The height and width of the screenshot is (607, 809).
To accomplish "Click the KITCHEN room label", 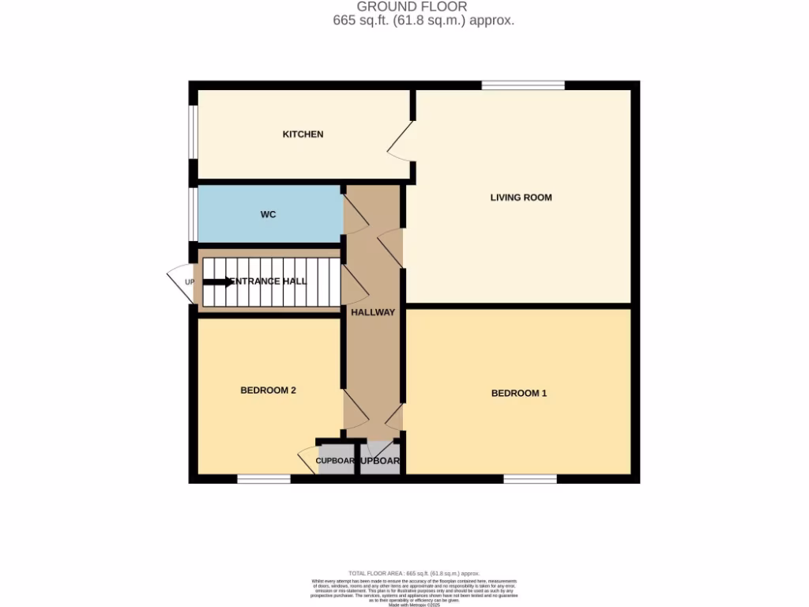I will coord(303,134).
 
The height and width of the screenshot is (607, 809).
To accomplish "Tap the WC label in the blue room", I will coord(268,214).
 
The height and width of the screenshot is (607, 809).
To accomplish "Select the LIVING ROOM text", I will coord(521,198).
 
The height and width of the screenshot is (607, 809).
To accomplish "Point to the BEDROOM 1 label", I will coord(518,393).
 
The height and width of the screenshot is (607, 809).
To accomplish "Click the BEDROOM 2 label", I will coord(268,390).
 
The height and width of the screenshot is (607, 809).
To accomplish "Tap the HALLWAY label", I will coord(373,312).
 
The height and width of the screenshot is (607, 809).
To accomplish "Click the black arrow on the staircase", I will coord(218,281).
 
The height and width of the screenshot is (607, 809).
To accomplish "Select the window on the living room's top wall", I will coord(523,85).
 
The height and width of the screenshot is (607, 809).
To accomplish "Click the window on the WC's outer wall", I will coord(192,213).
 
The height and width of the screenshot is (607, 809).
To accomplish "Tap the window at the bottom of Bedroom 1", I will coord(529,478).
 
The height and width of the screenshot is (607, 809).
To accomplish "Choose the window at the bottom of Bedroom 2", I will coord(264,478).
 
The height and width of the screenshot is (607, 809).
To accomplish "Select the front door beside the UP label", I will coord(179,282).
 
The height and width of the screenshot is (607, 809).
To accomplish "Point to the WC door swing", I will coord(354,213).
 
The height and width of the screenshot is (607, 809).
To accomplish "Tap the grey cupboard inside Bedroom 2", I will coord(335,461).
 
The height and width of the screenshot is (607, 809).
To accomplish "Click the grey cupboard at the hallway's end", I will coord(380,461).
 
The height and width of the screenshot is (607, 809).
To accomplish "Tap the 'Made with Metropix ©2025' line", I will coord(414,605).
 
